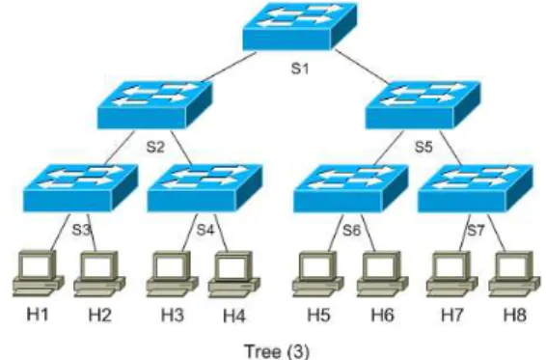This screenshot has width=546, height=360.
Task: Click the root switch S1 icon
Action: [300, 26]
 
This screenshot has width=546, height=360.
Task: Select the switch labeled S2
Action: [154, 105]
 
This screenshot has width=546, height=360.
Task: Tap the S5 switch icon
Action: [423, 105]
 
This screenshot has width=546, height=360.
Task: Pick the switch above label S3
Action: [80, 188]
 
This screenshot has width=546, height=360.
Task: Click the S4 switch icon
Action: [205, 188]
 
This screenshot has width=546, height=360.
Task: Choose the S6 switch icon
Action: [350, 188]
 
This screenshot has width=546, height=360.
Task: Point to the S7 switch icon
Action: [475, 188]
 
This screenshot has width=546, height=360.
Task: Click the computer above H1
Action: [39, 274]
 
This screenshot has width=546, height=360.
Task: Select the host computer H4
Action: [234, 275]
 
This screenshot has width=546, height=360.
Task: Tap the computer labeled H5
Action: [318, 274]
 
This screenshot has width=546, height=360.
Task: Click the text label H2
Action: [100, 316]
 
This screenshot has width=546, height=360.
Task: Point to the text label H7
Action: [452, 316]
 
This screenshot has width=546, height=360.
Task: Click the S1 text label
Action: [300, 69]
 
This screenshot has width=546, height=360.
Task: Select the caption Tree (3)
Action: [277, 351]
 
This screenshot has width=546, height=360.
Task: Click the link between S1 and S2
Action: [228, 68]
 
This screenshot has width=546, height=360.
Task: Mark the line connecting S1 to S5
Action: [362, 67]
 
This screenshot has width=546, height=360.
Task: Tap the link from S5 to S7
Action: [450, 148]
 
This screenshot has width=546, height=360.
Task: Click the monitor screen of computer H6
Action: [381, 267]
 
